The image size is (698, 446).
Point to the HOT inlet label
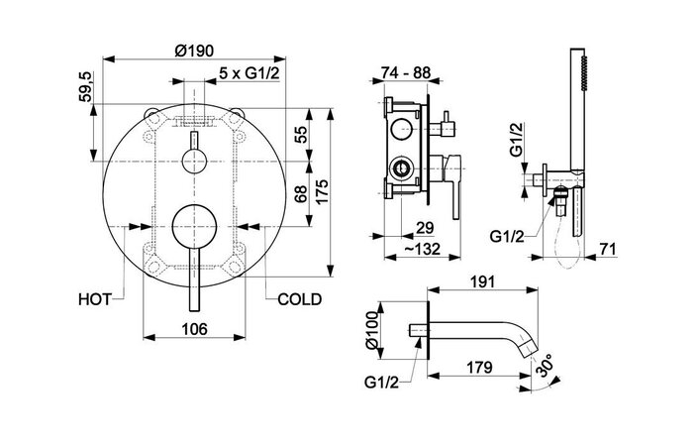tap(100, 296)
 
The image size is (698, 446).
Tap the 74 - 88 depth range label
tap(407, 72)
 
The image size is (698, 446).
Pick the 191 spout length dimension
tap(481, 281)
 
